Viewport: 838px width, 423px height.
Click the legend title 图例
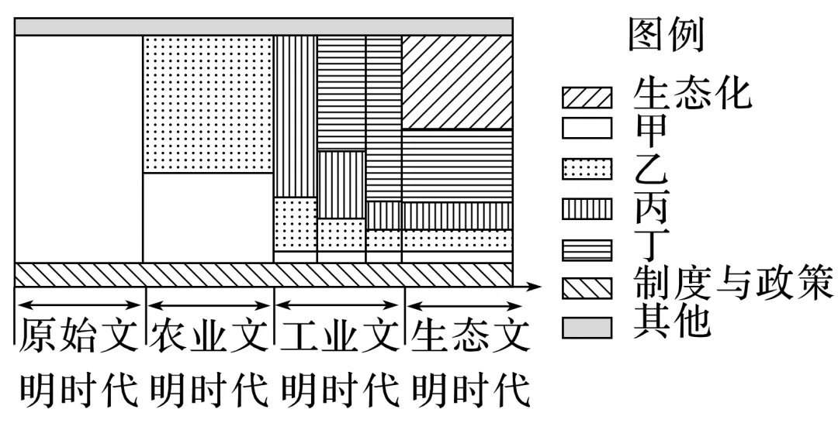[x=665, y=36]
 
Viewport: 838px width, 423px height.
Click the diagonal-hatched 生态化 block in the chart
[x=457, y=82]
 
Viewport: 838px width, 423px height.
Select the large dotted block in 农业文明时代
[x=208, y=104]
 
